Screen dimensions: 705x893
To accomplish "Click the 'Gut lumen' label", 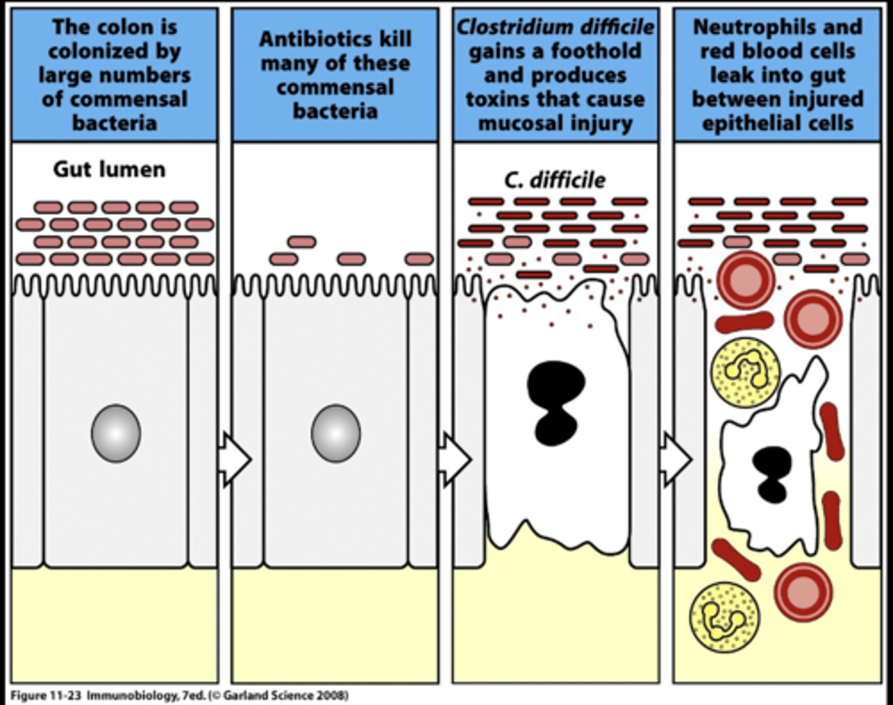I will pyautogui.click(x=109, y=169).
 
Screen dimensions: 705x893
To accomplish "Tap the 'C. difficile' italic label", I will pyautogui.click(x=554, y=180).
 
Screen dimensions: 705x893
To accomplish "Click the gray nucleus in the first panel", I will pyautogui.click(x=116, y=433).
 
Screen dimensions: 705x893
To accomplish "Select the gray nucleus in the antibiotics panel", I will pyautogui.click(x=335, y=433).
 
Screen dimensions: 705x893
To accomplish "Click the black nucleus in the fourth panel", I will pyautogui.click(x=772, y=474).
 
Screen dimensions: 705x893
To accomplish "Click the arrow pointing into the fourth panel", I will pyautogui.click(x=675, y=459).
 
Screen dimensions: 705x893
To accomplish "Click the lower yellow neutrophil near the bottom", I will pyautogui.click(x=724, y=616).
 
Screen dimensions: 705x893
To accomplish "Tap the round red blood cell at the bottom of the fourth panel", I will pyautogui.click(x=803, y=592).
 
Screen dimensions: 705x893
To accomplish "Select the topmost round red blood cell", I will pyautogui.click(x=747, y=280).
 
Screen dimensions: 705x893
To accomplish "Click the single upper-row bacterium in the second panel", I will pyautogui.click(x=301, y=241).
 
